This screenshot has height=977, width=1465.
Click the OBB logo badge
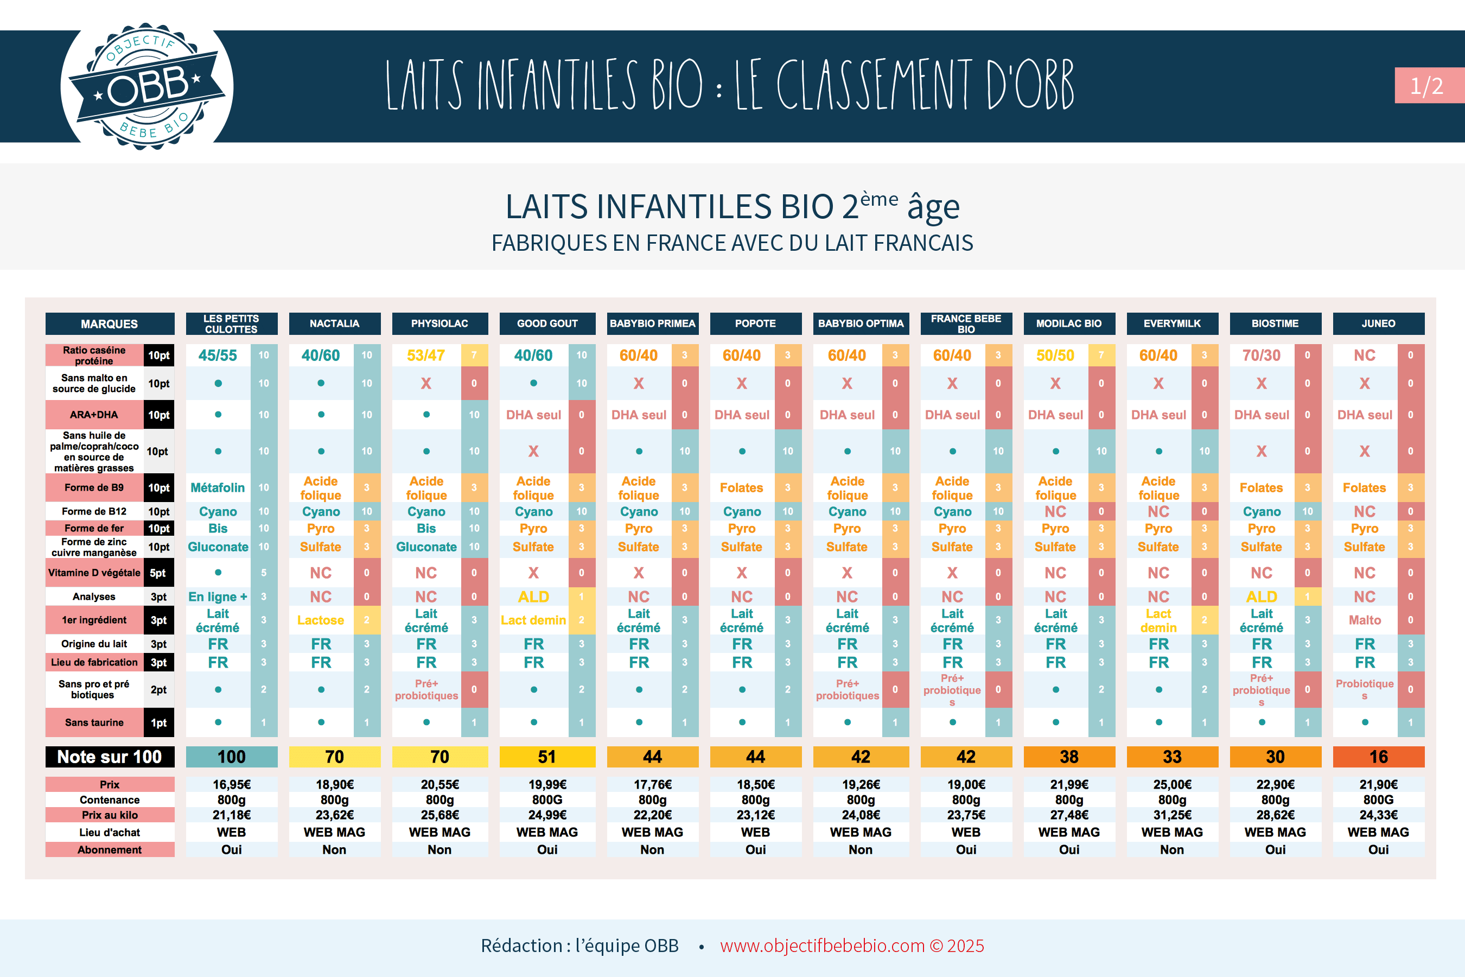tap(147, 86)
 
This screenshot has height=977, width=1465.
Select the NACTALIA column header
tap(334, 323)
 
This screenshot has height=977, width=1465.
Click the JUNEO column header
tap(1378, 323)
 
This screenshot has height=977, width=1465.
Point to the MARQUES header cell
tap(110, 323)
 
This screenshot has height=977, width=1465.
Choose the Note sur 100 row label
tap(110, 757)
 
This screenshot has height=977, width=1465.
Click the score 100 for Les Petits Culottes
tap(231, 757)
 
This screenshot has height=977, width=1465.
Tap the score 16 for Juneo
tap(1378, 757)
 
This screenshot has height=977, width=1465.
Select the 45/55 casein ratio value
tap(218, 355)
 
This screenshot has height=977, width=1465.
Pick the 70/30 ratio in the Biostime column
tap(1262, 355)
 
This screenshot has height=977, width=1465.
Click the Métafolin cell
tap(218, 487)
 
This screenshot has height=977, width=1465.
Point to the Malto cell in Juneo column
tap(1364, 620)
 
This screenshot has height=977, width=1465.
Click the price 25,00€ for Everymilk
tap(1171, 784)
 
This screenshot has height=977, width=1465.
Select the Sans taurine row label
tap(94, 722)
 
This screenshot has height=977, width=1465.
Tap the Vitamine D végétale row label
tap(94, 573)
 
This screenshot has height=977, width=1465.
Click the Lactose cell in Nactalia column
tap(320, 620)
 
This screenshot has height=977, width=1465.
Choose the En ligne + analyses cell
tap(218, 597)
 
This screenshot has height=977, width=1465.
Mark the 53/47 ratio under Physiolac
tap(426, 355)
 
